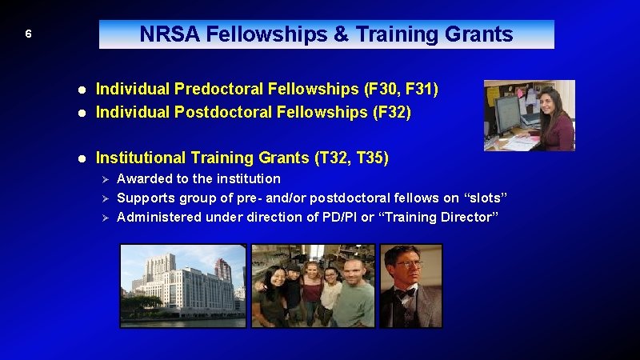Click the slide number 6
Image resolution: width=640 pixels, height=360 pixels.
point(28,34)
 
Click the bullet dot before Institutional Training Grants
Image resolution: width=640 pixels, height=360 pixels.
point(82,158)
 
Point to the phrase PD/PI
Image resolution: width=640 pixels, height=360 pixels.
point(337,217)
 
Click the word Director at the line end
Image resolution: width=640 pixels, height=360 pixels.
point(466,217)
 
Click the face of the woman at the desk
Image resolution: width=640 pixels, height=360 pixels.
point(552,103)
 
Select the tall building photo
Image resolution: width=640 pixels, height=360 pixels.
point(182,285)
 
